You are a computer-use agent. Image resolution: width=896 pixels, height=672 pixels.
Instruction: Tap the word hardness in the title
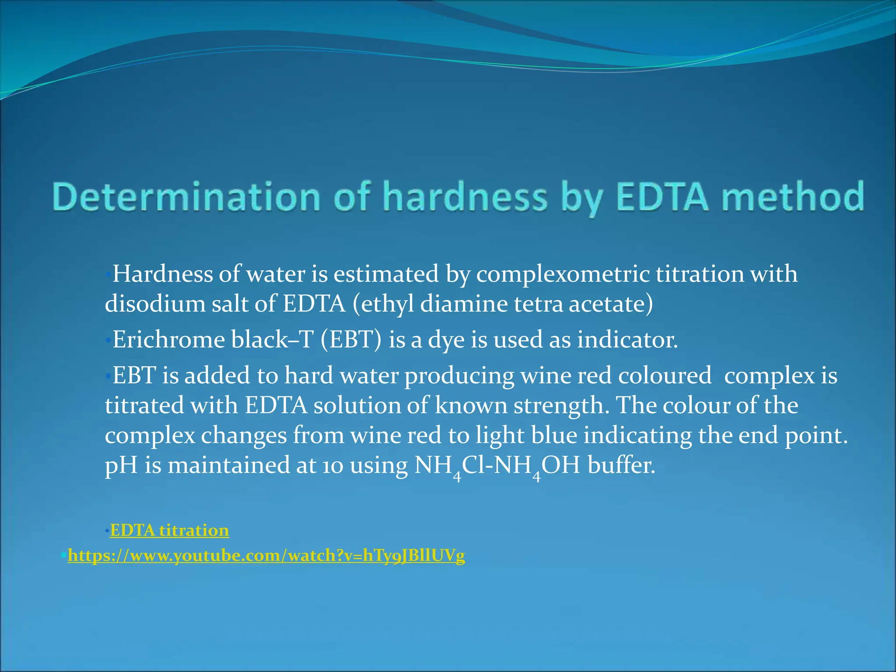pos(465,197)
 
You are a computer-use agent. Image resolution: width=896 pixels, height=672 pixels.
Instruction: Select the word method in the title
pos(793,197)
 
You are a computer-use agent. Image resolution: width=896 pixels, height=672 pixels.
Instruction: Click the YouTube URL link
pos(266,556)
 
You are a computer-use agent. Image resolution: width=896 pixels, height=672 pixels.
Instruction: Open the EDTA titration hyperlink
pos(169,530)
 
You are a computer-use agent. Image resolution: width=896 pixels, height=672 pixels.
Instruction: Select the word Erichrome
pos(168,339)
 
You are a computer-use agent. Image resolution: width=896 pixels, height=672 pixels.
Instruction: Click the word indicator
pos(627,339)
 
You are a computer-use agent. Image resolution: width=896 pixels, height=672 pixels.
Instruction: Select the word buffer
pos(621,465)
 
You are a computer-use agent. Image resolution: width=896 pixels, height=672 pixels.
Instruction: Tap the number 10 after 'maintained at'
pos(333,465)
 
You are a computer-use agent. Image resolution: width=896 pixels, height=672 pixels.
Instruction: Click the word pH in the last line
pos(121,465)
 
